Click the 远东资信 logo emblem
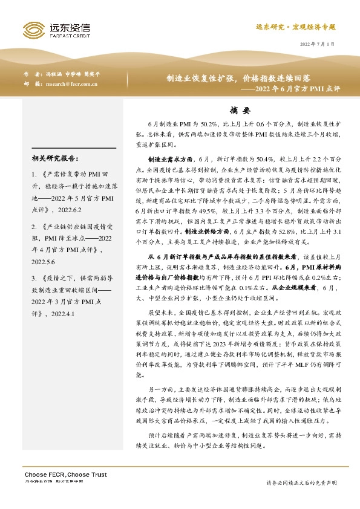(x=34, y=29)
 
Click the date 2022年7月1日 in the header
(x=317, y=45)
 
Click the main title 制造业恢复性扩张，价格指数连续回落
(x=239, y=79)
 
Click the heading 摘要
(x=240, y=111)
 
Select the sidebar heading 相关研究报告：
(x=55, y=159)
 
